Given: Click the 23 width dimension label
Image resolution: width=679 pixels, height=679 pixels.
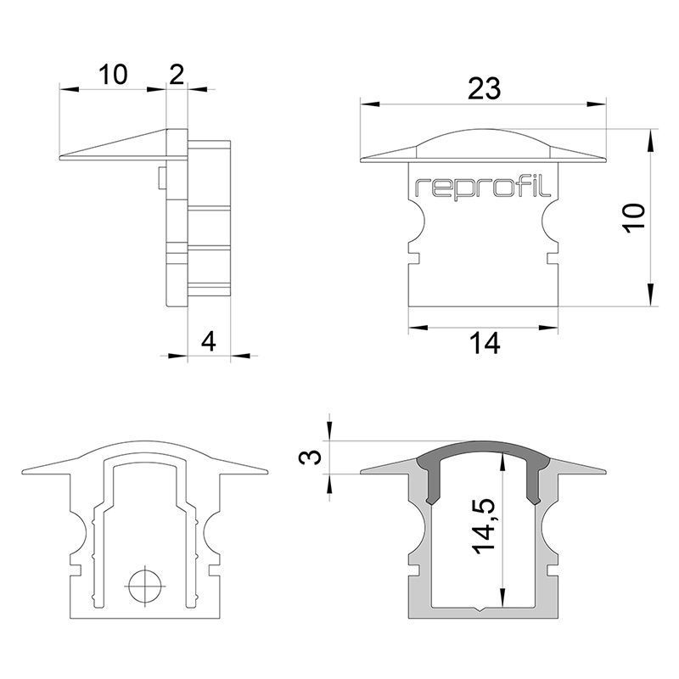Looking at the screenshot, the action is click(484, 88).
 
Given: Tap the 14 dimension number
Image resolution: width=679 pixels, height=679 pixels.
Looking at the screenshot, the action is click(485, 344).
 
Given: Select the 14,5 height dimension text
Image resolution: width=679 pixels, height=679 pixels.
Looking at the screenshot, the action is click(484, 526).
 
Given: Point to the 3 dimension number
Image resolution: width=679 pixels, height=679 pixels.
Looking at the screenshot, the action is click(311, 457).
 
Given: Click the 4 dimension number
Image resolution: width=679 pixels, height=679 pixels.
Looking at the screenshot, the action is click(209, 342).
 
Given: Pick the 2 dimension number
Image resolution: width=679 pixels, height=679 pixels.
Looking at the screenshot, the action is click(177, 75).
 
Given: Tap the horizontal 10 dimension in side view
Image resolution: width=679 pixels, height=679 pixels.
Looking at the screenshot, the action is click(113, 75).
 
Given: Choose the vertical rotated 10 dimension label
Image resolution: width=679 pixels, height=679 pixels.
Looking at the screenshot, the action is click(634, 218).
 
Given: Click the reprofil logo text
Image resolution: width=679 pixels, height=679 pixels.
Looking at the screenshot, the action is click(483, 188).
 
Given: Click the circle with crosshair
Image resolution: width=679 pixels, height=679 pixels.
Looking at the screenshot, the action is click(145, 586).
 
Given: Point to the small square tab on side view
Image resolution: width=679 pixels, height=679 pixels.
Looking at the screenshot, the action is click(162, 177).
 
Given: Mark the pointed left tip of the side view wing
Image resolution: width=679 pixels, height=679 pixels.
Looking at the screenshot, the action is click(59, 158).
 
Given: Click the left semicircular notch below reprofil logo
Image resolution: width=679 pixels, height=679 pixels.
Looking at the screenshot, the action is click(417, 223).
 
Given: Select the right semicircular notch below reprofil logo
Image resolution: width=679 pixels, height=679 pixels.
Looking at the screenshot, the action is click(550, 223).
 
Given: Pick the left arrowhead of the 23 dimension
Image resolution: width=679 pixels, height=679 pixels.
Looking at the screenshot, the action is click(370, 104).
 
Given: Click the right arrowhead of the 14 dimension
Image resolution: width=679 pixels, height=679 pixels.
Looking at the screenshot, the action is click(548, 328).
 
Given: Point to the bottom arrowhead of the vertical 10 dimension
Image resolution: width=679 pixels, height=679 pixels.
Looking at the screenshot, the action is click(650, 295).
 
